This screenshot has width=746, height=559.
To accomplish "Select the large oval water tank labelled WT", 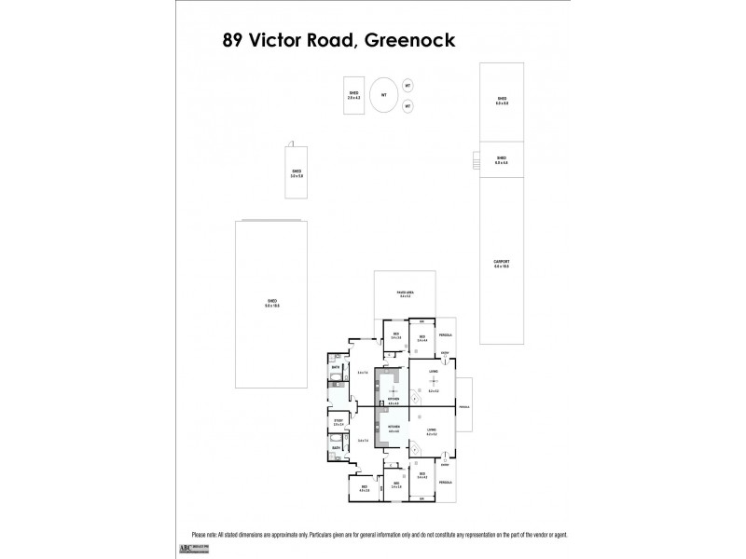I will click(381, 94).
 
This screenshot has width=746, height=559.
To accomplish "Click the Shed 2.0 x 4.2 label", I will click(354, 95).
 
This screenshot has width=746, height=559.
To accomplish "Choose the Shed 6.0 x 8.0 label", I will click(502, 101).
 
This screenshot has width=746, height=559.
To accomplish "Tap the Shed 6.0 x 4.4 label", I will click(502, 160).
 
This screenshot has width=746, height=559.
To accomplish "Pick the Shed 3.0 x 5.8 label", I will click(297, 173).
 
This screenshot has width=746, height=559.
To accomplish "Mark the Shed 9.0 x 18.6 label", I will click(272, 302).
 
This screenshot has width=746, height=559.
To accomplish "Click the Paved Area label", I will click(405, 293).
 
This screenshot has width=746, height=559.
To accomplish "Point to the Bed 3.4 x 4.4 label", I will click(421, 338).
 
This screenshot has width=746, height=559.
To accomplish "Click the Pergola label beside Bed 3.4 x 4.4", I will click(445, 335).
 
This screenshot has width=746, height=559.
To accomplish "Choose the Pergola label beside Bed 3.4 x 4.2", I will click(445, 483).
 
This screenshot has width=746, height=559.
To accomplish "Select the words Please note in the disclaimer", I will click(191, 536).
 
